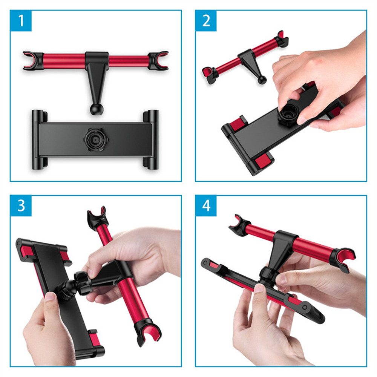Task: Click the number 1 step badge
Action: click(x=21, y=21)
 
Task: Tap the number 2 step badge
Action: click(x=206, y=21)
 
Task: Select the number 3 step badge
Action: click(x=21, y=205)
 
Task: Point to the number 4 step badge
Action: click(x=206, y=205)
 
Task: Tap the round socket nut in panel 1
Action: click(x=96, y=139)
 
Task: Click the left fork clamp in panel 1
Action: click(x=33, y=61)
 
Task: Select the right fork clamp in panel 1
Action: click(x=158, y=61)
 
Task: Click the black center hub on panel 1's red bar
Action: click(x=97, y=59)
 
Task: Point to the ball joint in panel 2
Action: click(x=262, y=80)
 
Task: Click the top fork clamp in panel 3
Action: click(x=97, y=217)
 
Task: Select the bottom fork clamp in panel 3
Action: click(x=147, y=332)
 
